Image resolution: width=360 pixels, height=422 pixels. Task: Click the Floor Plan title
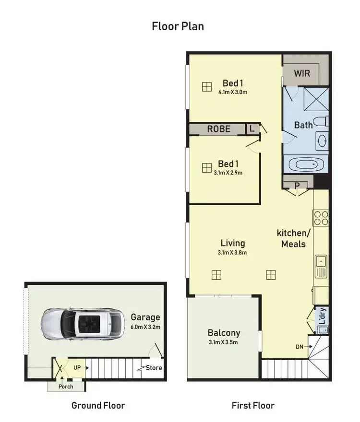click(x=178, y=26)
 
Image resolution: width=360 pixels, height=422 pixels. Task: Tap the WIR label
click(x=302, y=73)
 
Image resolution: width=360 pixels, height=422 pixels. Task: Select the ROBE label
click(x=219, y=129)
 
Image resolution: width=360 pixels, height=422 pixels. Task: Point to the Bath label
click(x=303, y=125)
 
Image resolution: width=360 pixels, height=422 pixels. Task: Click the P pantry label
click(x=297, y=185)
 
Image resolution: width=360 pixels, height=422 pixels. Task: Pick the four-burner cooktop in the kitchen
click(x=321, y=218)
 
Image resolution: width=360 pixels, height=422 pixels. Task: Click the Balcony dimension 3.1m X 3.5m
click(x=224, y=342)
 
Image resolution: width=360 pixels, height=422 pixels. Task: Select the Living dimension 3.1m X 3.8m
click(x=232, y=253)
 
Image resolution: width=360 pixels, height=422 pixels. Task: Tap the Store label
click(x=155, y=368)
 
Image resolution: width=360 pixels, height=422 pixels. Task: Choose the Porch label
click(x=65, y=387)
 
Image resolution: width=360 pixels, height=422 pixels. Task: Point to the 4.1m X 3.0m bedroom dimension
click(x=232, y=93)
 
